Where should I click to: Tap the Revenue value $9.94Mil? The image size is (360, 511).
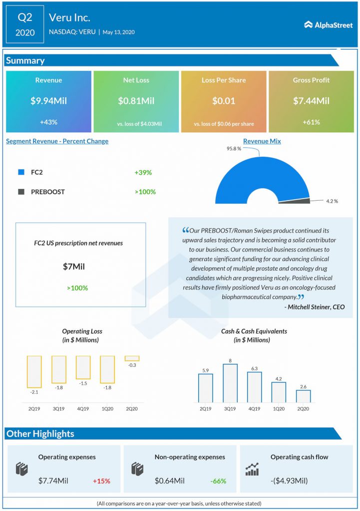click(48, 101)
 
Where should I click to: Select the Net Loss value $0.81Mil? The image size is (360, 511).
click(136, 101)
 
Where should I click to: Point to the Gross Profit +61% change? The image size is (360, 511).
click(311, 122)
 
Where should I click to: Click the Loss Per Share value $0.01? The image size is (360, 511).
click(223, 101)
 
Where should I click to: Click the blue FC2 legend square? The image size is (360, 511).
click(21, 172)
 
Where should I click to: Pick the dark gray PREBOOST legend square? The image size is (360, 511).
click(21, 192)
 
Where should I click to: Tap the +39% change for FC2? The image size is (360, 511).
click(143, 172)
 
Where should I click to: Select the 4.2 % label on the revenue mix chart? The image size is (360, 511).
click(332, 201)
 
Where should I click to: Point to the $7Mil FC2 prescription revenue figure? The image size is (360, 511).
click(74, 266)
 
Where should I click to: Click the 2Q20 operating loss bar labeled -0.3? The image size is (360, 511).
click(132, 358)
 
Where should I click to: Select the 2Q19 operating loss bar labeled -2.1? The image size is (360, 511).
click(34, 371)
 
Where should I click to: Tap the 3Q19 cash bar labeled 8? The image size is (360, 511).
click(230, 383)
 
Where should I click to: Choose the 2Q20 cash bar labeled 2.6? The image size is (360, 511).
click(303, 396)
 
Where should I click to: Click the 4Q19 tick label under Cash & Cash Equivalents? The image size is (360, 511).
click(254, 408)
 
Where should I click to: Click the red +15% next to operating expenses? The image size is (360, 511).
click(101, 481)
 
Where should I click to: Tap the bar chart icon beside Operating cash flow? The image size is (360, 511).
click(252, 469)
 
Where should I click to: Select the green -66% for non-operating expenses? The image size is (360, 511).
click(218, 481)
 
